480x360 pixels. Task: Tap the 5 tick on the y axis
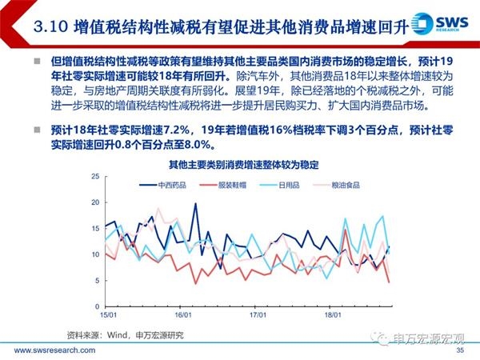[x=95, y=280]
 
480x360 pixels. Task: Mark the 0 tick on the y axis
[x=95, y=306]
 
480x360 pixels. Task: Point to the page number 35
[x=459, y=351]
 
